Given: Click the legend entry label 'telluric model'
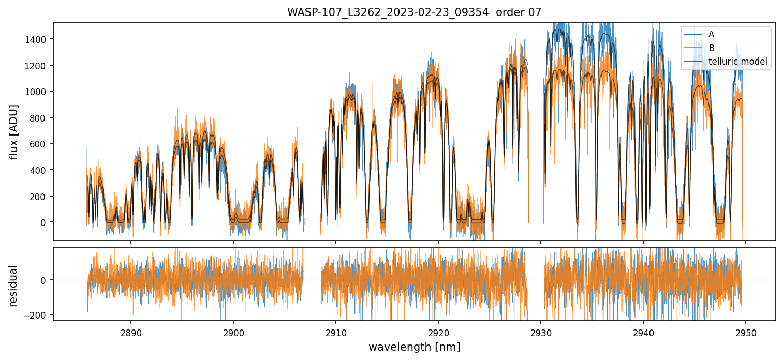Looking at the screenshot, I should click(737, 62).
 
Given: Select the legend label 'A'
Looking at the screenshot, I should click(711, 34).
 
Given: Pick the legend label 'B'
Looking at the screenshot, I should click(711, 48).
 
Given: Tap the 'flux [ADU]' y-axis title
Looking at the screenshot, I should click(14, 131).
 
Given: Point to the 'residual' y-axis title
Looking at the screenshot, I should click(14, 286).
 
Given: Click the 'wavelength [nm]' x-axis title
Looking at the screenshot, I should click(414, 347).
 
